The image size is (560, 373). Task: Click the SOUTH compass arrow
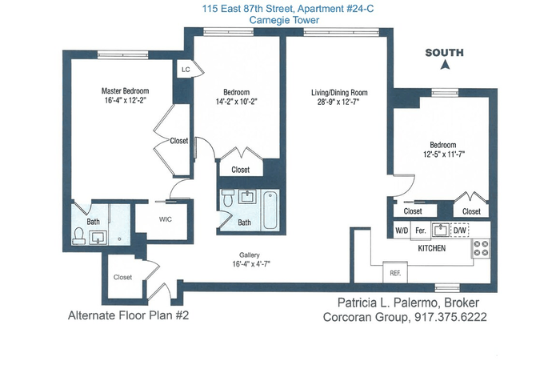pyautogui.click(x=445, y=65)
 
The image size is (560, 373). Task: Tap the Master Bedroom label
pyautogui.click(x=125, y=90)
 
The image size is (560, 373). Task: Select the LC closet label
pyautogui.click(x=186, y=70)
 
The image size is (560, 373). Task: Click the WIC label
pyautogui.click(x=166, y=219)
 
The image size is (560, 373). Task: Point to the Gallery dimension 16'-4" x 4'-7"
pyautogui.click(x=251, y=264)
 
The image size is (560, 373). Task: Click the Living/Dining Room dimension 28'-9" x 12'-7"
pyautogui.click(x=338, y=102)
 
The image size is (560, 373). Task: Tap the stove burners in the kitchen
pyautogui.click(x=481, y=249)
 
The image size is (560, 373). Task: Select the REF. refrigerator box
pyautogui.click(x=395, y=273)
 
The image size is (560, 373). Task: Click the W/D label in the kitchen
pyautogui.click(x=402, y=231)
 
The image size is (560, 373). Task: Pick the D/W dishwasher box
pyautogui.click(x=460, y=231)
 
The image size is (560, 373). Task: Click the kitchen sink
pyautogui.click(x=441, y=230)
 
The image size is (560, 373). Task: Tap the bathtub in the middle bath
pyautogui.click(x=270, y=211)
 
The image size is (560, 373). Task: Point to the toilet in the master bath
pyautogui.click(x=78, y=236)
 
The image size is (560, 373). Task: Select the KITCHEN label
pyautogui.click(x=432, y=248)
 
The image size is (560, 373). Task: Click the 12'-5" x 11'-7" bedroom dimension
pyautogui.click(x=444, y=154)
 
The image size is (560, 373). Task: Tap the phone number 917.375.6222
pyautogui.click(x=450, y=317)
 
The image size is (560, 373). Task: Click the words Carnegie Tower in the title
pyautogui.click(x=284, y=20)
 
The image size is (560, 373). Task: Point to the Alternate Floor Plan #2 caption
pyautogui.click(x=128, y=315)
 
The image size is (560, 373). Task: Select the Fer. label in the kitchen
pyautogui.click(x=421, y=231)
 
